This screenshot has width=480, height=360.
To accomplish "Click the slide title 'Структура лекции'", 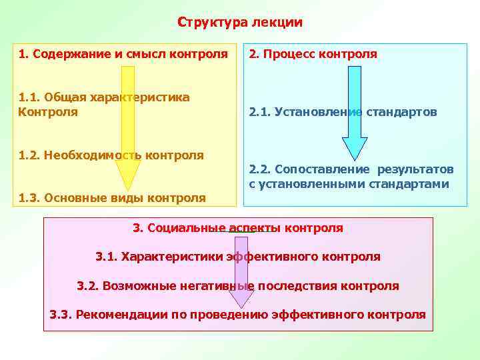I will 240,23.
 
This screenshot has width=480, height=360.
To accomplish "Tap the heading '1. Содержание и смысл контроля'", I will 123,53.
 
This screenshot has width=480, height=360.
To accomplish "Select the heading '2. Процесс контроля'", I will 313,53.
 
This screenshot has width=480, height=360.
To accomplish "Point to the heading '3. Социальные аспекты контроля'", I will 238,228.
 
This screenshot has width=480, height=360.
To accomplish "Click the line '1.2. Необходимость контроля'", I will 111,155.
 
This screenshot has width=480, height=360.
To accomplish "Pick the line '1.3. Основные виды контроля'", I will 112,197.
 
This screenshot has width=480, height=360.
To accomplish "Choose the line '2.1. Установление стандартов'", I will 343,112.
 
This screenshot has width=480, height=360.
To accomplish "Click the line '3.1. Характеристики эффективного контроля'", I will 238,257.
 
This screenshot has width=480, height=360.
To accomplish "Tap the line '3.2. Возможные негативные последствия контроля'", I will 238,286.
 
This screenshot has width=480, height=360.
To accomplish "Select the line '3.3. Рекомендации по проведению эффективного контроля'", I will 238,315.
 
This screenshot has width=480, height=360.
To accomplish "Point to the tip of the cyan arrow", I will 355,158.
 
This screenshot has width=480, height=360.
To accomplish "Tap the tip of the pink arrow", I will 242,306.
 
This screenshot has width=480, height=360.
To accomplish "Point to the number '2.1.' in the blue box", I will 259,112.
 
